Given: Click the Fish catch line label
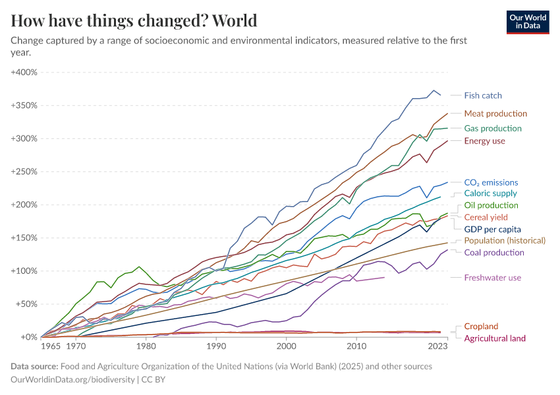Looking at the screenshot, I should tap(483, 95).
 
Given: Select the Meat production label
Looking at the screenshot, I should tap(495, 113).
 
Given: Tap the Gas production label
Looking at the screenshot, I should tap(493, 128).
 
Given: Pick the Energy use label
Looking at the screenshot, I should tap(484, 141).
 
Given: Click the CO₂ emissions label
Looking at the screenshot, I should tap(491, 182).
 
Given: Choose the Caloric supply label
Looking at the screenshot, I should tap(490, 194).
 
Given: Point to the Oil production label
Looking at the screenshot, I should tap(491, 205).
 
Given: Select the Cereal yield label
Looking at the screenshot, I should tap(486, 217).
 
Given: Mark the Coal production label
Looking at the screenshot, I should tap(494, 252).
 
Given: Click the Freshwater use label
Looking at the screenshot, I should tap(493, 278).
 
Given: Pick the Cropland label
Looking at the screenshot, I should tap(481, 327).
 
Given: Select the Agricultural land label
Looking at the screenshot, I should tap(495, 338).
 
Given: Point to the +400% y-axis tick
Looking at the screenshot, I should tap(24, 72).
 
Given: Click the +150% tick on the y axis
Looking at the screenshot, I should tap(24, 238).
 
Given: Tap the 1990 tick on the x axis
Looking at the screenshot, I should tap(216, 346).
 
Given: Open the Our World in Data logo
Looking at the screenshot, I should tap(527, 21).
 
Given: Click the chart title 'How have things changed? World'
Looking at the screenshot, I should tap(134, 20).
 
